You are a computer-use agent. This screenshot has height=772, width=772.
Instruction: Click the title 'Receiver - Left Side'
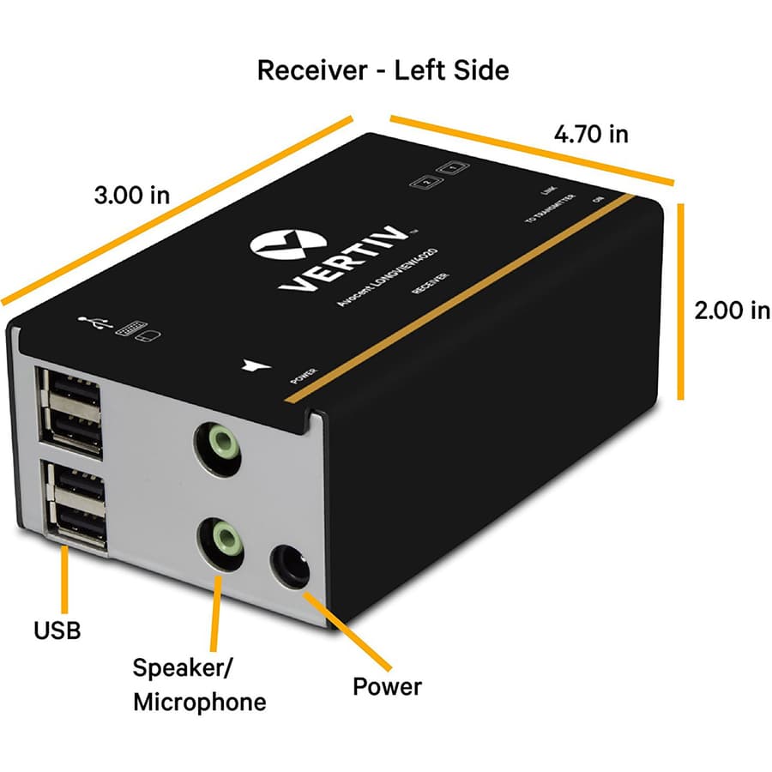coord(383,69)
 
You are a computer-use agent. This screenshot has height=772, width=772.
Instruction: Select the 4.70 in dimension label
coord(591,134)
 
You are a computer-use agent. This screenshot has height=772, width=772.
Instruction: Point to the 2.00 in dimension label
coord(732,310)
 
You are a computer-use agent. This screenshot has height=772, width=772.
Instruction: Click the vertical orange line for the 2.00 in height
coord(681,301)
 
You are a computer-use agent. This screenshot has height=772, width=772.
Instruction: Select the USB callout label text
coord(57,631)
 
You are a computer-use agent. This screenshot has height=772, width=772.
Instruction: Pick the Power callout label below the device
coord(387,686)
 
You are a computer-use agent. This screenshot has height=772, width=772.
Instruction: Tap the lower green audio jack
coord(220,540)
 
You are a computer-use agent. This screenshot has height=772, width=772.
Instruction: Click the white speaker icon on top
coord(251,366)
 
